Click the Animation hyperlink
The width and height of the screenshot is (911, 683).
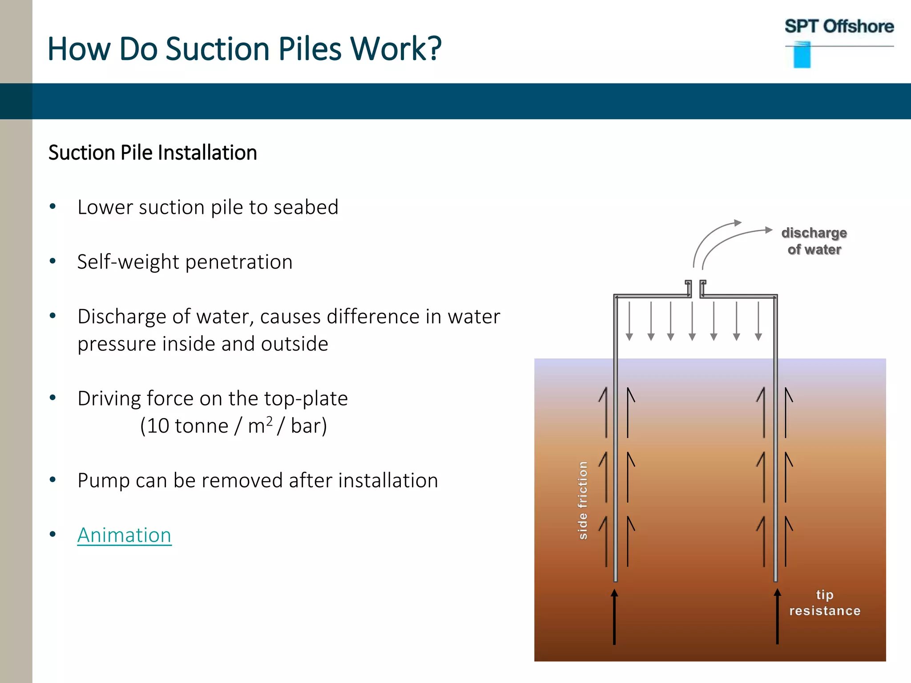click(x=124, y=535)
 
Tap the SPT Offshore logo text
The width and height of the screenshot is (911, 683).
click(x=839, y=27)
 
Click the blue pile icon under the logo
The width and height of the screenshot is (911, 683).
click(x=802, y=55)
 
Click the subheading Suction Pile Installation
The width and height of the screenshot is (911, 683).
click(x=153, y=153)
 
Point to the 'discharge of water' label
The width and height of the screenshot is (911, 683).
click(x=814, y=241)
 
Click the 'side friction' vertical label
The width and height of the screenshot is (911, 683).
click(x=583, y=501)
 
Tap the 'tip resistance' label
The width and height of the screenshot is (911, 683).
click(x=825, y=603)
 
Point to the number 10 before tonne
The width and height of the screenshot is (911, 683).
click(x=158, y=426)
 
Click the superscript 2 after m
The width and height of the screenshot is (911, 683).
click(x=269, y=420)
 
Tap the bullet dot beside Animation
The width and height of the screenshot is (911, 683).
click(x=53, y=534)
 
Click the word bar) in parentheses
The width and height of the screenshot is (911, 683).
click(x=309, y=426)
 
